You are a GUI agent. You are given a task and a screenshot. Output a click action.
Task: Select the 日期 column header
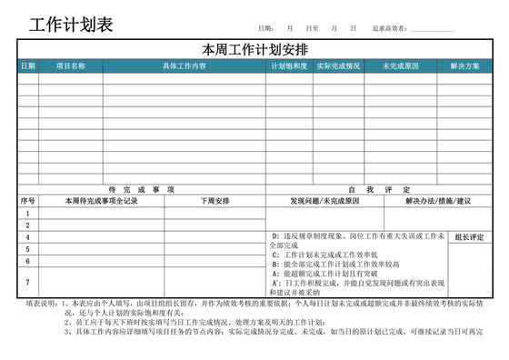(x=27, y=65)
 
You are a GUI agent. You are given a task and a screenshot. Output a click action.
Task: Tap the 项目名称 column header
(x=70, y=65)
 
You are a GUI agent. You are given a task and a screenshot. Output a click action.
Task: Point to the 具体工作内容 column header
(x=184, y=65)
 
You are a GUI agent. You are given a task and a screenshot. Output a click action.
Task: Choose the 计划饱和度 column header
(x=288, y=65)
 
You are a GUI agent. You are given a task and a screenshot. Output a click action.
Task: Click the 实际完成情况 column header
(x=338, y=65)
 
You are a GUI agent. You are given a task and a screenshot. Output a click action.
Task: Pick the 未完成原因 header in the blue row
(x=400, y=65)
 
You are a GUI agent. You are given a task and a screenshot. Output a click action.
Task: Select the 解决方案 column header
(x=464, y=65)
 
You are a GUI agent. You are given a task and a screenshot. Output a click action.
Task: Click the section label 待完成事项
(x=141, y=189)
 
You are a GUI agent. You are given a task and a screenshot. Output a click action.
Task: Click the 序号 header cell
(x=27, y=201)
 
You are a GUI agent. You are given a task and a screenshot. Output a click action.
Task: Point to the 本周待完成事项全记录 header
(x=101, y=201)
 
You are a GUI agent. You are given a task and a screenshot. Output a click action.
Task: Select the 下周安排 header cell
(x=215, y=201)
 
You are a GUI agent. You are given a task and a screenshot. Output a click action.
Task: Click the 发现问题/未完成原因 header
(x=324, y=201)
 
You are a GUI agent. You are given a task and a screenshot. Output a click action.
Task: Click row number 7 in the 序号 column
(x=27, y=282)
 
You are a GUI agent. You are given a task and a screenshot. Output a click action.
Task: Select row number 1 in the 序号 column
(x=27, y=214)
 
